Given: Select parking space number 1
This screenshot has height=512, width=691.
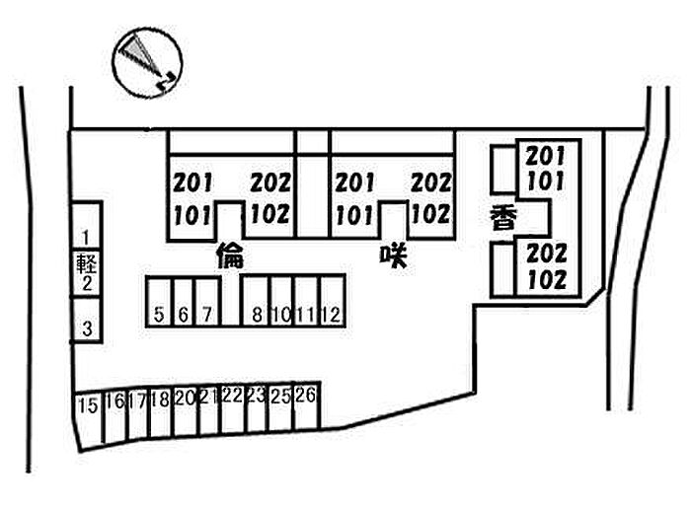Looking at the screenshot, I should (87, 237).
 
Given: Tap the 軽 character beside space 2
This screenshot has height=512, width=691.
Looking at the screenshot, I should (86, 262).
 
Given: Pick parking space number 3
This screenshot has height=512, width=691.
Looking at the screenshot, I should (87, 329).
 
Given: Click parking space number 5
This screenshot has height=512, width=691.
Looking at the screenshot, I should (159, 315).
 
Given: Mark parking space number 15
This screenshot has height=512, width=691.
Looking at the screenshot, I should (87, 404).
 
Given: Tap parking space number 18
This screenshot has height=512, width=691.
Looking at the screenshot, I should (161, 401).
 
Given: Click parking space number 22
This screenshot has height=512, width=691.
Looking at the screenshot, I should (232, 397).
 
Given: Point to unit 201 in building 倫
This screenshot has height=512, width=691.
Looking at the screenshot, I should (193, 183).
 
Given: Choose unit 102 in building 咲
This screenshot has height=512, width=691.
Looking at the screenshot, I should (430, 212).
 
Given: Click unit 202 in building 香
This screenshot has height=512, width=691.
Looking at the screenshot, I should (547, 255).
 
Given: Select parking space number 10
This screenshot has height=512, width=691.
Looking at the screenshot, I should (282, 315).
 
